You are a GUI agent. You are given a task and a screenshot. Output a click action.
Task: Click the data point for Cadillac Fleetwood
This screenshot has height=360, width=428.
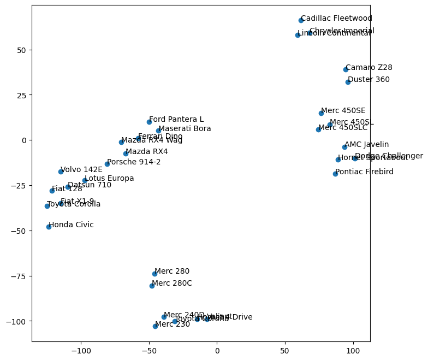[301, 20]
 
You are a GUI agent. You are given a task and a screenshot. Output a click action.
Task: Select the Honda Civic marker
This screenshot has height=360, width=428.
[49, 227]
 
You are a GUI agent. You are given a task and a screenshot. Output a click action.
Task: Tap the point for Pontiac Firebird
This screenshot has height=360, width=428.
[335, 174]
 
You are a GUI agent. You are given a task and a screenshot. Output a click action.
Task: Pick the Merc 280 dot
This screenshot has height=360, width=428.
[154, 274]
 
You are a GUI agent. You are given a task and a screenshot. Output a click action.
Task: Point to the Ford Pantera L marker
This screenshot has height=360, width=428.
[149, 122]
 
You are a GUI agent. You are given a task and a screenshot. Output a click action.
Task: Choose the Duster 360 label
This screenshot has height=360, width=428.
[368, 80]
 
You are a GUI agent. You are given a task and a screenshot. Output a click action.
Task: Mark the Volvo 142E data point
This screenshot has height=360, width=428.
[61, 172]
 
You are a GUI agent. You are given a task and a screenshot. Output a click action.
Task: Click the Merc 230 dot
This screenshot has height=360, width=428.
[155, 326]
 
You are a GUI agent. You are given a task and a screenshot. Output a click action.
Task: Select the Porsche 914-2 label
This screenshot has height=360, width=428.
[134, 162]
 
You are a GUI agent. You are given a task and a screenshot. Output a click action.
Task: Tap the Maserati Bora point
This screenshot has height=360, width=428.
[158, 131]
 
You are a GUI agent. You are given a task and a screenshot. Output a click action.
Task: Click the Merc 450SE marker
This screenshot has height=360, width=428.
[321, 113]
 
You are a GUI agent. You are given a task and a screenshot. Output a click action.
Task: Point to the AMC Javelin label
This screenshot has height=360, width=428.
[366, 145]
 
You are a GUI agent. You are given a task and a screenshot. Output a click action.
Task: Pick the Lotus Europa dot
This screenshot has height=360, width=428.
[85, 180]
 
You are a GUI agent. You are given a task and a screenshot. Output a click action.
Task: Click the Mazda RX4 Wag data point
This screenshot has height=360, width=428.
[121, 142]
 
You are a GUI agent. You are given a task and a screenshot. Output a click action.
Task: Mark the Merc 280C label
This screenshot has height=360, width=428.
[172, 284]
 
